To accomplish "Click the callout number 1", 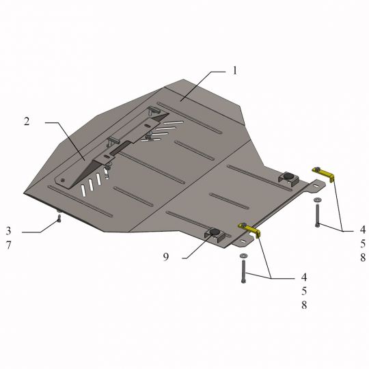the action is (x=234, y=70).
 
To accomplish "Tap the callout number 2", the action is (x=27, y=122).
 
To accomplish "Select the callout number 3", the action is (x=8, y=231).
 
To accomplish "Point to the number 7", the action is (x=8, y=245).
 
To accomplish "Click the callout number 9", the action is (x=166, y=257).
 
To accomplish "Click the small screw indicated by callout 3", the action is (x=59, y=219).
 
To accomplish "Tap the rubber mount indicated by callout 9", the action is (x=215, y=232).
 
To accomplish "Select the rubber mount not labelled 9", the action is (x=288, y=176).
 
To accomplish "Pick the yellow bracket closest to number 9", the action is (x=250, y=229).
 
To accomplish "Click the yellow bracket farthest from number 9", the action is (x=324, y=173).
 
